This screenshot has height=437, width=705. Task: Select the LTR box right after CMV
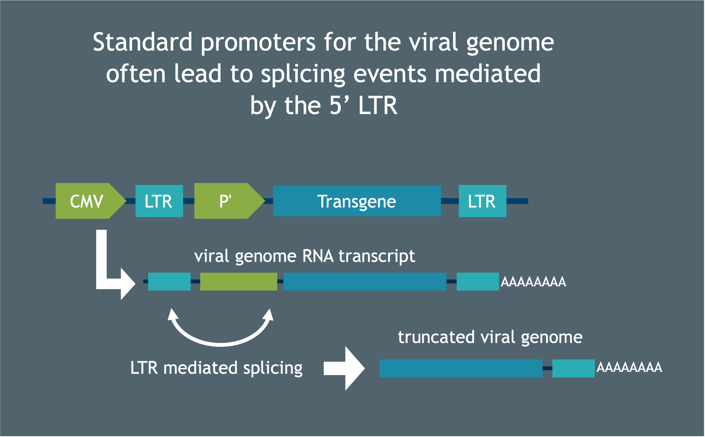159,201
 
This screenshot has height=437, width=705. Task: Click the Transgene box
357,201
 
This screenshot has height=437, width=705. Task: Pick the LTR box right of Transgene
482,201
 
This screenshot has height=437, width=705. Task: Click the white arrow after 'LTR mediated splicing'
344,368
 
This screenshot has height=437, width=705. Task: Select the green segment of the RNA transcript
238,281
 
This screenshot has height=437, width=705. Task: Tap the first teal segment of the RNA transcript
169,281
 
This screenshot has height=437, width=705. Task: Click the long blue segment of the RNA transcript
365,281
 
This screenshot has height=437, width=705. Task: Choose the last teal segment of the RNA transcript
478,281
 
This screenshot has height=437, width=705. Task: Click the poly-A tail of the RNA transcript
533,282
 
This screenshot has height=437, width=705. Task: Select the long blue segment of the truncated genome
461,368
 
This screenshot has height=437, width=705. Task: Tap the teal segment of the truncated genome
573,368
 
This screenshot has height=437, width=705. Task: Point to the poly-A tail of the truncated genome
629,367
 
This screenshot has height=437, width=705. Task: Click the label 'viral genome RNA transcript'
305,256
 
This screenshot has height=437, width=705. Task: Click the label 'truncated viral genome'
490,337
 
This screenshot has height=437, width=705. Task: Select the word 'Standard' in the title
143,42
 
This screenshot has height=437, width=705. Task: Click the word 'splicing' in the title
303,74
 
